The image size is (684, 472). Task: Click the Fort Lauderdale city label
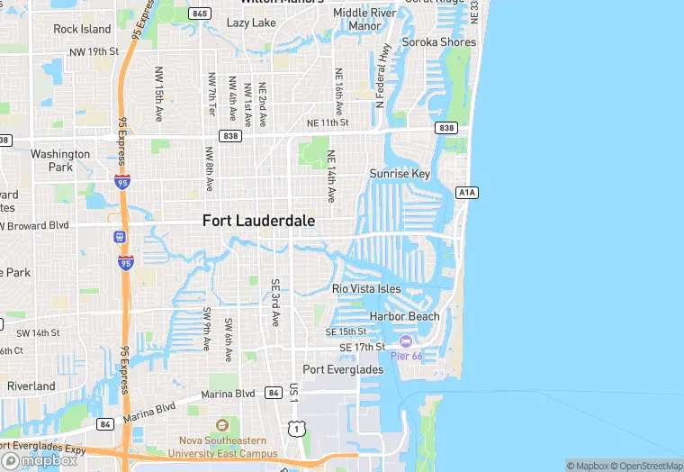(258, 220)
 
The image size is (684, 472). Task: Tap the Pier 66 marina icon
(405, 341)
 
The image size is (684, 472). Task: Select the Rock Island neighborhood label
(82, 29)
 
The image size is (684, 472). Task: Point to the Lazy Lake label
(251, 23)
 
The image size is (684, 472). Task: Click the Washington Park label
(60, 160)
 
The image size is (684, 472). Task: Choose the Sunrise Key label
(400, 174)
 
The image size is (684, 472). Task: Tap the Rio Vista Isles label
(366, 288)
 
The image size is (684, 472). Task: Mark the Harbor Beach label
(405, 316)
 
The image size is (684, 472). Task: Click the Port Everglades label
(342, 369)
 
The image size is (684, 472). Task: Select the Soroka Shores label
(438, 42)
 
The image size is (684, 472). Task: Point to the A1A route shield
(466, 192)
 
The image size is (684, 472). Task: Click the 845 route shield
(200, 14)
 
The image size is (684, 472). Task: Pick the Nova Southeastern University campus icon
(222, 425)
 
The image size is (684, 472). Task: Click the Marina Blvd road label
(228, 394)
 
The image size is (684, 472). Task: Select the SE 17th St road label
(362, 347)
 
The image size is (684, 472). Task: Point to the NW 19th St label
(94, 51)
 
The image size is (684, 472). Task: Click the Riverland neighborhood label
(31, 386)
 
